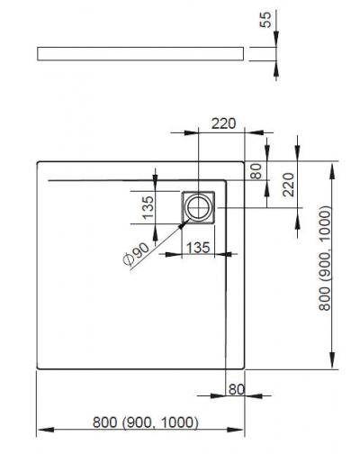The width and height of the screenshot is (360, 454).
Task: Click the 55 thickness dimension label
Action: [265, 20]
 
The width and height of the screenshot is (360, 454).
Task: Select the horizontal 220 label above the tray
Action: [223, 123]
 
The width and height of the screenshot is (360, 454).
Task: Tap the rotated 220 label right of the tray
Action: [289, 185]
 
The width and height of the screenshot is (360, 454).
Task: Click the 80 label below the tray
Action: [237, 389]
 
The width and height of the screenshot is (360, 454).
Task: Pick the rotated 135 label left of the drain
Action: [148, 207]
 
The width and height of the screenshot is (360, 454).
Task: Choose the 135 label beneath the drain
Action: [198, 248]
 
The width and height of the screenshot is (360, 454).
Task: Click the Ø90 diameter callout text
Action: [136, 254]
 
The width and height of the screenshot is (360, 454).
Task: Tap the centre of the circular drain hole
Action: [198, 207]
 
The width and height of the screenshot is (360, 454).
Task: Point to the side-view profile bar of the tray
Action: [140, 54]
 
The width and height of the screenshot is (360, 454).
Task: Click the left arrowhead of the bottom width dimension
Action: [46, 430]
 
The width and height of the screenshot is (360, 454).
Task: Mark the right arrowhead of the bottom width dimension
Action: [235, 430]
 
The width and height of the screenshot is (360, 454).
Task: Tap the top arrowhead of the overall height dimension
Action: [332, 171]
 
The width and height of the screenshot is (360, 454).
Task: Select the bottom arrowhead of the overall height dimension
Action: [332, 360]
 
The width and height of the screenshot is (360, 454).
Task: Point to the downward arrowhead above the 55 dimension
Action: [276, 39]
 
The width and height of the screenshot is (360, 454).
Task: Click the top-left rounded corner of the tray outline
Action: [39, 163]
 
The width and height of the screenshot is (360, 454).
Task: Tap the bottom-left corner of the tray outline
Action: [39, 368]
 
